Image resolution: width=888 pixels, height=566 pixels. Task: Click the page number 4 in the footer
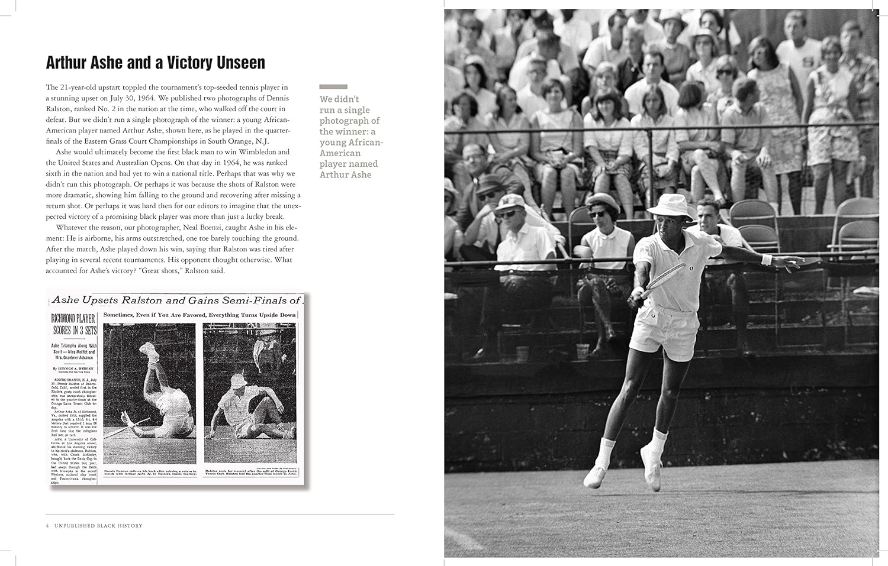(47, 526)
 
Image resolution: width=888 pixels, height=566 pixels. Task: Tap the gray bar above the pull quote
(333, 86)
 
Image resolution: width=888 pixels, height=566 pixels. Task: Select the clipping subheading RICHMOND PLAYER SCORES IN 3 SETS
(74, 325)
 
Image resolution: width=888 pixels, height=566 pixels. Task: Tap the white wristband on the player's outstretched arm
(767, 259)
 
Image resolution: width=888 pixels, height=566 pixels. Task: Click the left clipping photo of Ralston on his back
(149, 393)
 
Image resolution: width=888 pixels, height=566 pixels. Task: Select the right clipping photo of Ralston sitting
(249, 393)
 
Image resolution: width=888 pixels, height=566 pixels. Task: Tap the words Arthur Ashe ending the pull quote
(346, 174)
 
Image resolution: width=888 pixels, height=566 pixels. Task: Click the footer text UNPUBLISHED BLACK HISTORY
(98, 526)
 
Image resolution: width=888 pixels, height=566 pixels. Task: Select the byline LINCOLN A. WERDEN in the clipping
(76, 368)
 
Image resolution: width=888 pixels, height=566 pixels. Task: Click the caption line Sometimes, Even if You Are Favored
(200, 315)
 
